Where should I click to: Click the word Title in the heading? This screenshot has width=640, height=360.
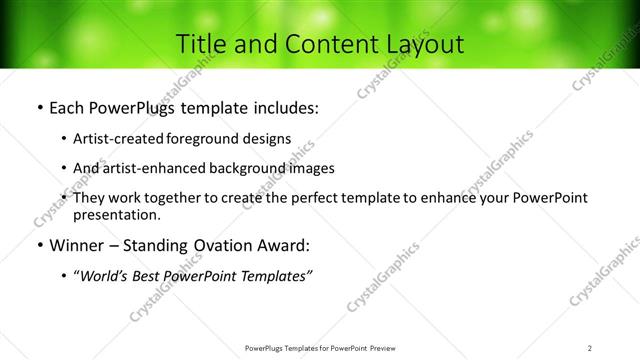click(x=200, y=44)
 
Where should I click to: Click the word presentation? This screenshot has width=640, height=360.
click(x=116, y=214)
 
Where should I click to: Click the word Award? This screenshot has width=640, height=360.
click(x=284, y=244)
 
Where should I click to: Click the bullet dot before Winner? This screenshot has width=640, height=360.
click(x=38, y=245)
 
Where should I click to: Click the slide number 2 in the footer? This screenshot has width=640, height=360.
click(x=590, y=347)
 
